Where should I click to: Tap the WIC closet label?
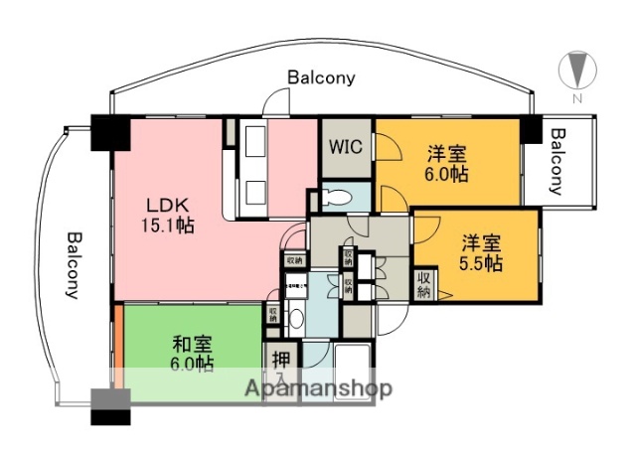coord(346,148)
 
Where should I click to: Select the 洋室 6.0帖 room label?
coord(448,164)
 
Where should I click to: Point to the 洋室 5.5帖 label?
coord(480,253)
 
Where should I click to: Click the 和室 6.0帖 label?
coord(192,354)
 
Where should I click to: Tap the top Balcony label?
coord(321,76)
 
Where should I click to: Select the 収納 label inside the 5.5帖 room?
coord(424,285)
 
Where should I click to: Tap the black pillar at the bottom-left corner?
coord(109,405)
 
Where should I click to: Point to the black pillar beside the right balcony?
coord(531,126)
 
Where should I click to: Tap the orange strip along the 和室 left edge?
coord(116,353)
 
